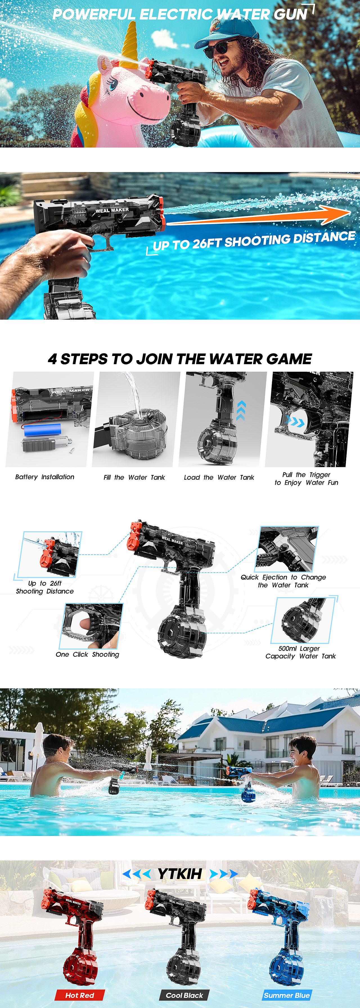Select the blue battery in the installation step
[x=42, y=430]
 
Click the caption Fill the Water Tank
[x=134, y=477]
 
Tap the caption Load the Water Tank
[x=219, y=477]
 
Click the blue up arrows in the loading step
[x=241, y=411]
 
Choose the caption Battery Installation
[x=45, y=477]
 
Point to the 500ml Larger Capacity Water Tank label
[x=301, y=652]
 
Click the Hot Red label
[x=80, y=995]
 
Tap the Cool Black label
[x=184, y=995]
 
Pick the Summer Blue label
[x=287, y=995]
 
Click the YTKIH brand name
[x=180, y=873]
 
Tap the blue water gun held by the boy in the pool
[x=241, y=783]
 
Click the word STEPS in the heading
[x=84, y=359]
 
